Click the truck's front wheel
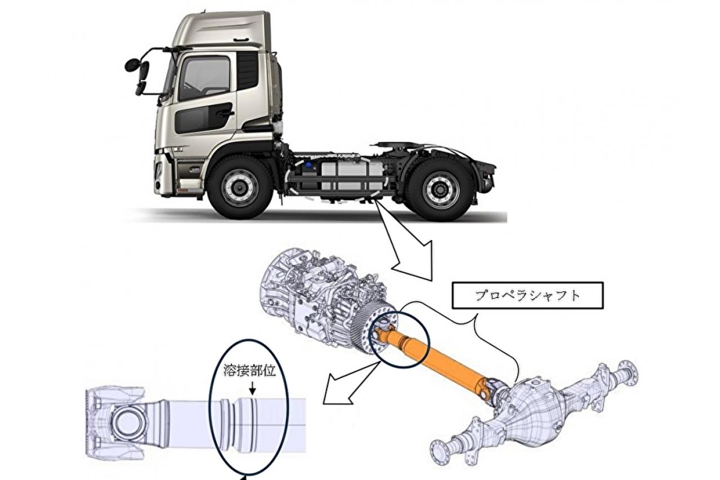[x=240, y=187]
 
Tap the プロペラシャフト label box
[x=527, y=295]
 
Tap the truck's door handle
[x=225, y=113]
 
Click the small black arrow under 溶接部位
[x=253, y=388]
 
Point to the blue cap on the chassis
[x=309, y=166]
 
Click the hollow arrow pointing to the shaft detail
[x=350, y=383]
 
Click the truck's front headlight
[x=159, y=174]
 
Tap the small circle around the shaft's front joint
[x=399, y=339]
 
